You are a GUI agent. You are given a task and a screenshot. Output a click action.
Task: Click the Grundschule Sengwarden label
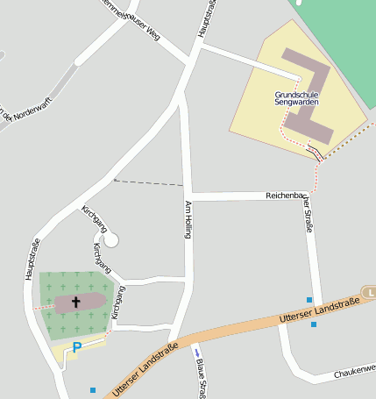(296, 97)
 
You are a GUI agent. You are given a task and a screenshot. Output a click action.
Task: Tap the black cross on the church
(76, 303)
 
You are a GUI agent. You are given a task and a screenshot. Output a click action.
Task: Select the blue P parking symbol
(76, 347)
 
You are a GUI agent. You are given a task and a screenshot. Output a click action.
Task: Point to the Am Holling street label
(188, 220)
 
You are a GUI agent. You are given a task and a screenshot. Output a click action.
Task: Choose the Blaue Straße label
(201, 378)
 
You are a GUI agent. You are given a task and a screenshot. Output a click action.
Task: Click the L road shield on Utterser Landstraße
(372, 291)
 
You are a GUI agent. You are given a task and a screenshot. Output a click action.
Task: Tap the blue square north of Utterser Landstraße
(309, 300)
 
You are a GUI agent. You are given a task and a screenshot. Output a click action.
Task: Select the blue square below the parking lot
(92, 389)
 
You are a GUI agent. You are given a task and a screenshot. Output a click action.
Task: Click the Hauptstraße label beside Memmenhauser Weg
(207, 18)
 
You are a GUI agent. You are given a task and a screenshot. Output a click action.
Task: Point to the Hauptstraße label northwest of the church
(30, 260)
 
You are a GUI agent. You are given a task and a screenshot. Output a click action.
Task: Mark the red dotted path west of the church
(43, 307)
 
